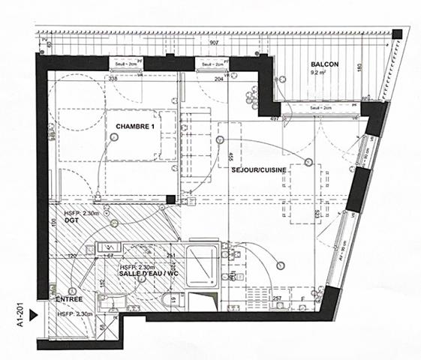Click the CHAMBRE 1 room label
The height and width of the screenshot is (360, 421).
pos(135,125)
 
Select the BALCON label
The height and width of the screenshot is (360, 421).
pos(325,65)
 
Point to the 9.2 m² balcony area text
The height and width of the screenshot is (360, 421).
pos(325,74)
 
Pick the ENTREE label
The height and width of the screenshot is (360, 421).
pos(69,298)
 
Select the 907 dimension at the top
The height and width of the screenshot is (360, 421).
pos(215,43)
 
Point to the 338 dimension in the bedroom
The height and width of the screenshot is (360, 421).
pos(113,78)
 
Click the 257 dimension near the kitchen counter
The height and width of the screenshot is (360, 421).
pos(276,300)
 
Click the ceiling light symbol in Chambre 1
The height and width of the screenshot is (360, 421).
pos(116,137)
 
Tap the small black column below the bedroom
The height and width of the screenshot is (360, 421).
pos(172,199)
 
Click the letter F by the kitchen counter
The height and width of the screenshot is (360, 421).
pos(302,299)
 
